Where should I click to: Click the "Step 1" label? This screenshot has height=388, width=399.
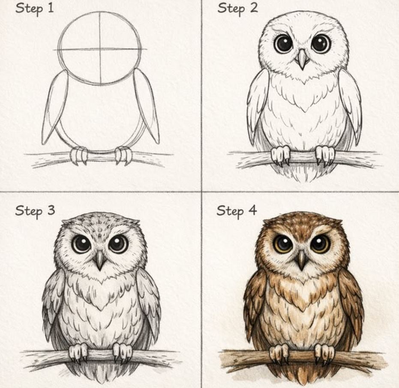click(35, 9)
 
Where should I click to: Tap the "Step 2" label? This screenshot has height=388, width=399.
click(237, 9)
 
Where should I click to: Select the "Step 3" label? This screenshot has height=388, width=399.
click(35, 211)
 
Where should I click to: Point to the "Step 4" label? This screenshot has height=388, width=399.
click(237, 211)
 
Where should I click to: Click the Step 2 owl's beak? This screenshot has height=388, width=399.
click(302, 59)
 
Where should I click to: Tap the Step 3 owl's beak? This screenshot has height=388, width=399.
click(100, 260)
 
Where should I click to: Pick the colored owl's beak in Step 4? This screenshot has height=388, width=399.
click(302, 260)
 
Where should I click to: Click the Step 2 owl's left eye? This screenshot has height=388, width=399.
click(283, 44)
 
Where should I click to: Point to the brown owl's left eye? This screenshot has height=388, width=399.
click(283, 244)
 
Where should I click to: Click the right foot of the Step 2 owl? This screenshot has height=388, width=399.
click(325, 155)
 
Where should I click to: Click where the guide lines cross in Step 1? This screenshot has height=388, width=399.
click(100, 49)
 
